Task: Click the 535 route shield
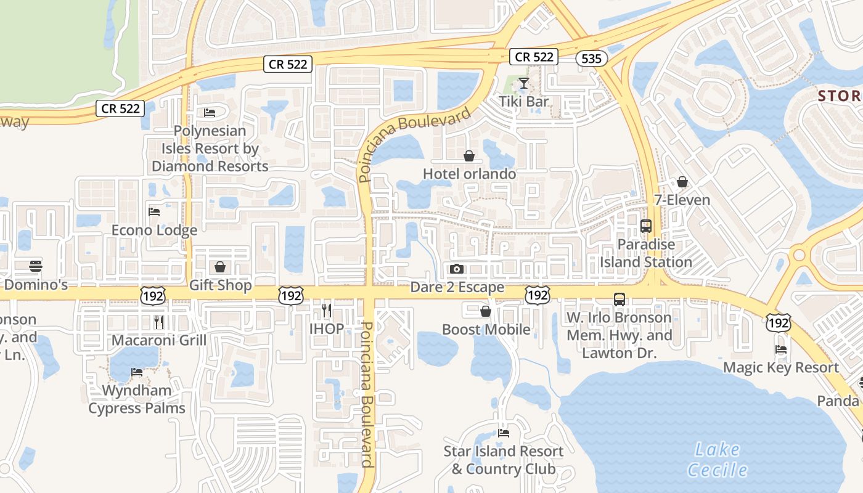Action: pyautogui.click(x=592, y=58)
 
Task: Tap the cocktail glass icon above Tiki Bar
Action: pyautogui.click(x=523, y=83)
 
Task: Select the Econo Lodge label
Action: pyautogui.click(x=154, y=230)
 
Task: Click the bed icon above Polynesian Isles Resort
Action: pyautogui.click(x=210, y=113)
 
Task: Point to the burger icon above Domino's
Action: pyautogui.click(x=36, y=266)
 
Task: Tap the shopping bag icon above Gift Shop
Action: pyautogui.click(x=220, y=267)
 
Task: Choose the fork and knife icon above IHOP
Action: pyautogui.click(x=326, y=310)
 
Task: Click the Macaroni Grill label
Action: pyautogui.click(x=158, y=340)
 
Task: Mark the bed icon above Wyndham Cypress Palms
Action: pyautogui.click(x=137, y=372)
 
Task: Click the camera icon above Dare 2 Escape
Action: pyautogui.click(x=457, y=269)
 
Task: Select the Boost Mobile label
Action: pyautogui.click(x=486, y=329)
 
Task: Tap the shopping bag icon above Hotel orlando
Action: pyautogui.click(x=469, y=156)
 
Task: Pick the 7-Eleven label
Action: pyautogui.click(x=682, y=200)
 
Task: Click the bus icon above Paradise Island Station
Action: pyautogui.click(x=646, y=226)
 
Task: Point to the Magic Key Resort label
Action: pyautogui.click(x=780, y=368)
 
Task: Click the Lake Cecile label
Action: pyautogui.click(x=718, y=460)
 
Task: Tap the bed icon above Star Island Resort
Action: pyautogui.click(x=504, y=433)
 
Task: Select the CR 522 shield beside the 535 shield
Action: pyautogui.click(x=534, y=57)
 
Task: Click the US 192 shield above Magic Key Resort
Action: pyautogui.click(x=779, y=322)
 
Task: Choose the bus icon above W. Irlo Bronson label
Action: pyautogui.click(x=620, y=299)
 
